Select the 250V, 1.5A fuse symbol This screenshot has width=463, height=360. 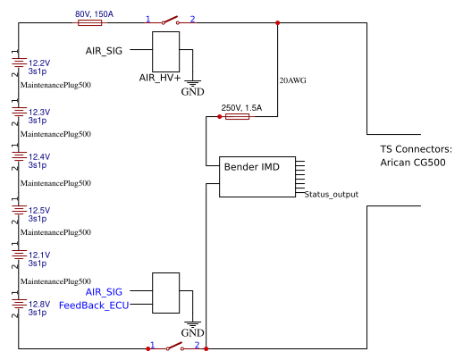click(x=237, y=117)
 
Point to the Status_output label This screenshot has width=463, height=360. click(x=331, y=194)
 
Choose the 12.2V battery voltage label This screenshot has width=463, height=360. click(x=39, y=63)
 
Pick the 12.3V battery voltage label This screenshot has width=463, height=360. click(x=39, y=112)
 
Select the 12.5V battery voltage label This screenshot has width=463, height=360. click(x=39, y=210)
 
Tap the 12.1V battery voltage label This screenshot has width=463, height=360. click(x=39, y=255)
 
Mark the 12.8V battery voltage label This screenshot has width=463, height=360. click(x=39, y=304)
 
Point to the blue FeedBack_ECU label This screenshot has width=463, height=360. click(x=93, y=306)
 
